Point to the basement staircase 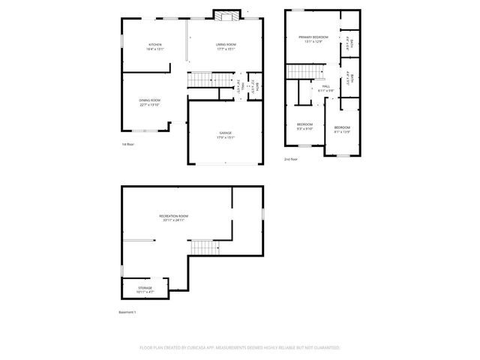(x=202, y=247)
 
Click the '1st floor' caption (x=127, y=144)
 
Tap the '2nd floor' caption (x=290, y=160)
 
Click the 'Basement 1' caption (x=127, y=312)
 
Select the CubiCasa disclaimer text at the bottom (x=240, y=348)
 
